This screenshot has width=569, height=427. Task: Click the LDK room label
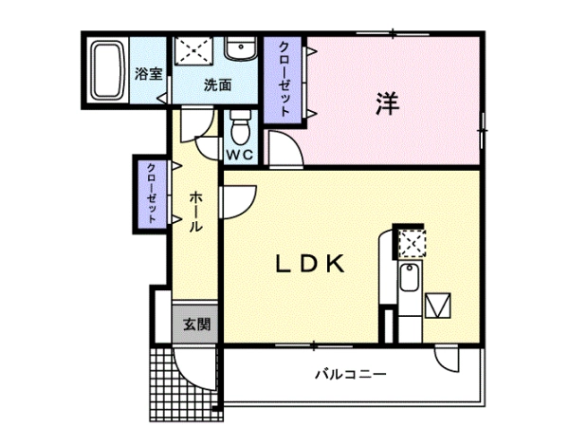(x=310, y=264)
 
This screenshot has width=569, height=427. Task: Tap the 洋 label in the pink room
(x=387, y=103)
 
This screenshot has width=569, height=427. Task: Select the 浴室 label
(x=149, y=74)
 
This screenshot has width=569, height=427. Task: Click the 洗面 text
(x=217, y=85)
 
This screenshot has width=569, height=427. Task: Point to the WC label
(x=240, y=155)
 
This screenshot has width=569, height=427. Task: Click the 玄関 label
(x=196, y=324)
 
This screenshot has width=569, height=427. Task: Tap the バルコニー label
(x=351, y=374)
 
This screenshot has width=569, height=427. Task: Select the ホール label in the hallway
(x=196, y=212)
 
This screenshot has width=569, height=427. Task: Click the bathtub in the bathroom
(x=107, y=70)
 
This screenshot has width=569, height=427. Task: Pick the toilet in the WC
(x=240, y=127)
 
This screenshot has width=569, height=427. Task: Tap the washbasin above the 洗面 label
(x=240, y=48)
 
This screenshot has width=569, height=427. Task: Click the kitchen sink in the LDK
(x=410, y=277)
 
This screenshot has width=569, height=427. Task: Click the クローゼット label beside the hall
(x=152, y=194)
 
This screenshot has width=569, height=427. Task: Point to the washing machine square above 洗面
(x=192, y=51)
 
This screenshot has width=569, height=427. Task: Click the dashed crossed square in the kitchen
(x=412, y=244)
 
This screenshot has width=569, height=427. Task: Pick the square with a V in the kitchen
(x=438, y=306)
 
